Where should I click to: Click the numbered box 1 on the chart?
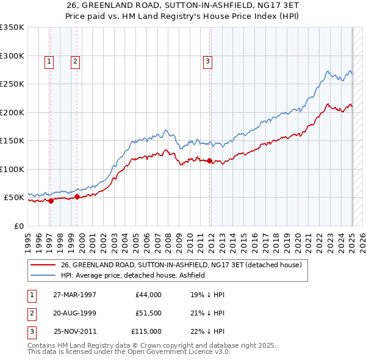click(x=48, y=60)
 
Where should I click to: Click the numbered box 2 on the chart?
click(x=74, y=60)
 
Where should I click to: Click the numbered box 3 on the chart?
click(x=207, y=60)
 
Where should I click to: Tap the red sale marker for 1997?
click(x=51, y=201)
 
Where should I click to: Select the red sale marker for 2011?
click(x=210, y=161)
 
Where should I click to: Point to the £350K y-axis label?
click(x=12, y=27)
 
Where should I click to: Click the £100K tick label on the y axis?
click(x=12, y=169)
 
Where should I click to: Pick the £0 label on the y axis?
click(x=18, y=226)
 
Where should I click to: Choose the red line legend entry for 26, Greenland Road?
click(x=181, y=265)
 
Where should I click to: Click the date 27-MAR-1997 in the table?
click(x=74, y=295)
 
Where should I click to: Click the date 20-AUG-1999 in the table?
click(x=74, y=313)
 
